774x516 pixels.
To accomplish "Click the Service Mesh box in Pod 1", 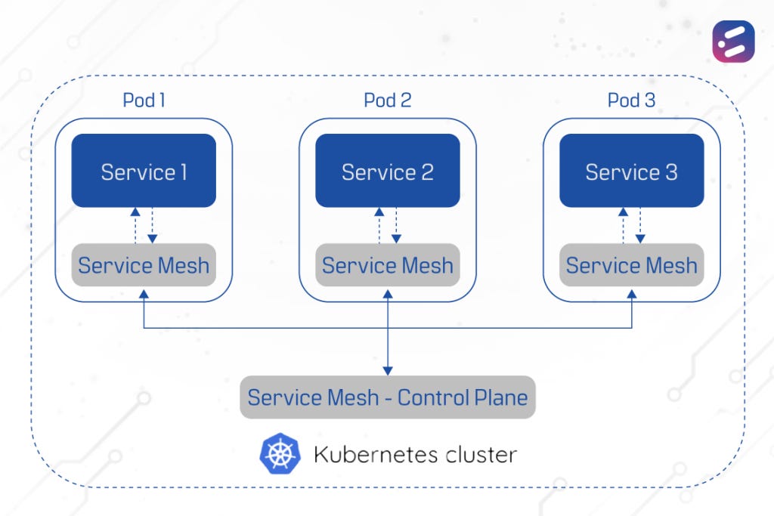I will (144, 265).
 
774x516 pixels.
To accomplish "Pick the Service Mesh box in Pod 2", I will (387, 265).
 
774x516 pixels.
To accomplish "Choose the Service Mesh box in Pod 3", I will (631, 265).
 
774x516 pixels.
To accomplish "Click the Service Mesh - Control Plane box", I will (387, 397).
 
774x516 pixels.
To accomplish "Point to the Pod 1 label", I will (144, 100).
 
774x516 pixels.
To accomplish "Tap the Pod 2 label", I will (387, 100).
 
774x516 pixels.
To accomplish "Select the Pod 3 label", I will (631, 100).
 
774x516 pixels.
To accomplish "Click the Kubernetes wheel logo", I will (280, 453).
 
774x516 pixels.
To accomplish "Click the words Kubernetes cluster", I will (415, 454).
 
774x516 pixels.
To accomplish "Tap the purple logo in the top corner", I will (732, 41).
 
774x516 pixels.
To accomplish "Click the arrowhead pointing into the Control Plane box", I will (387, 370).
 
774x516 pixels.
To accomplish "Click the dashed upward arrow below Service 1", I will (135, 225).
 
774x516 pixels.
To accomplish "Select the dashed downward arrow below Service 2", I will (396, 225).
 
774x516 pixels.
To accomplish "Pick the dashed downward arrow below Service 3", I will (640, 225).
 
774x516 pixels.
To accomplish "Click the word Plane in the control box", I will (494, 397).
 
